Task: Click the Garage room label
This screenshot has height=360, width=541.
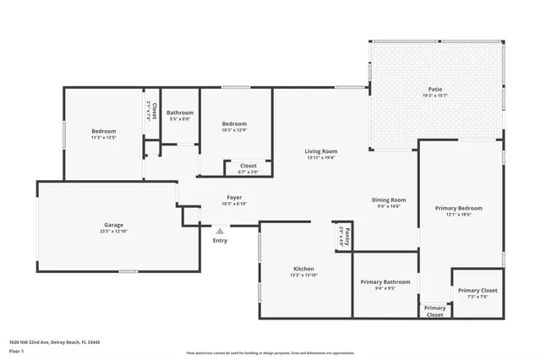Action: [114, 225]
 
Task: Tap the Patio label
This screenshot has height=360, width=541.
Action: [434, 89]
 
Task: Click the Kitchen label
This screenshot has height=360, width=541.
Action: [303, 269]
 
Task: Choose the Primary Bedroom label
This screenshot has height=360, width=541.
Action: [458, 208]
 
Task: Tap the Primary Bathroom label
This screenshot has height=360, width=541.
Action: [385, 281]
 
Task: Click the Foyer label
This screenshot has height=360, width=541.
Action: [234, 197]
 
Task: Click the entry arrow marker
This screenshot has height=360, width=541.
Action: [220, 230]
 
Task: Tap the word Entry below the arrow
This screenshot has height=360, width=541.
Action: [220, 241]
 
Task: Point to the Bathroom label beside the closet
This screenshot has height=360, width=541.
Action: [180, 112]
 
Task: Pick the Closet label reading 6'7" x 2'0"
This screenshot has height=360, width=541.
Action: [249, 166]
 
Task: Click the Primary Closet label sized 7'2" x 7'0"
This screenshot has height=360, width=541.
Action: [478, 291]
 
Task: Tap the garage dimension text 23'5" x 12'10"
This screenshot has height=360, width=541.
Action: [114, 231]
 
